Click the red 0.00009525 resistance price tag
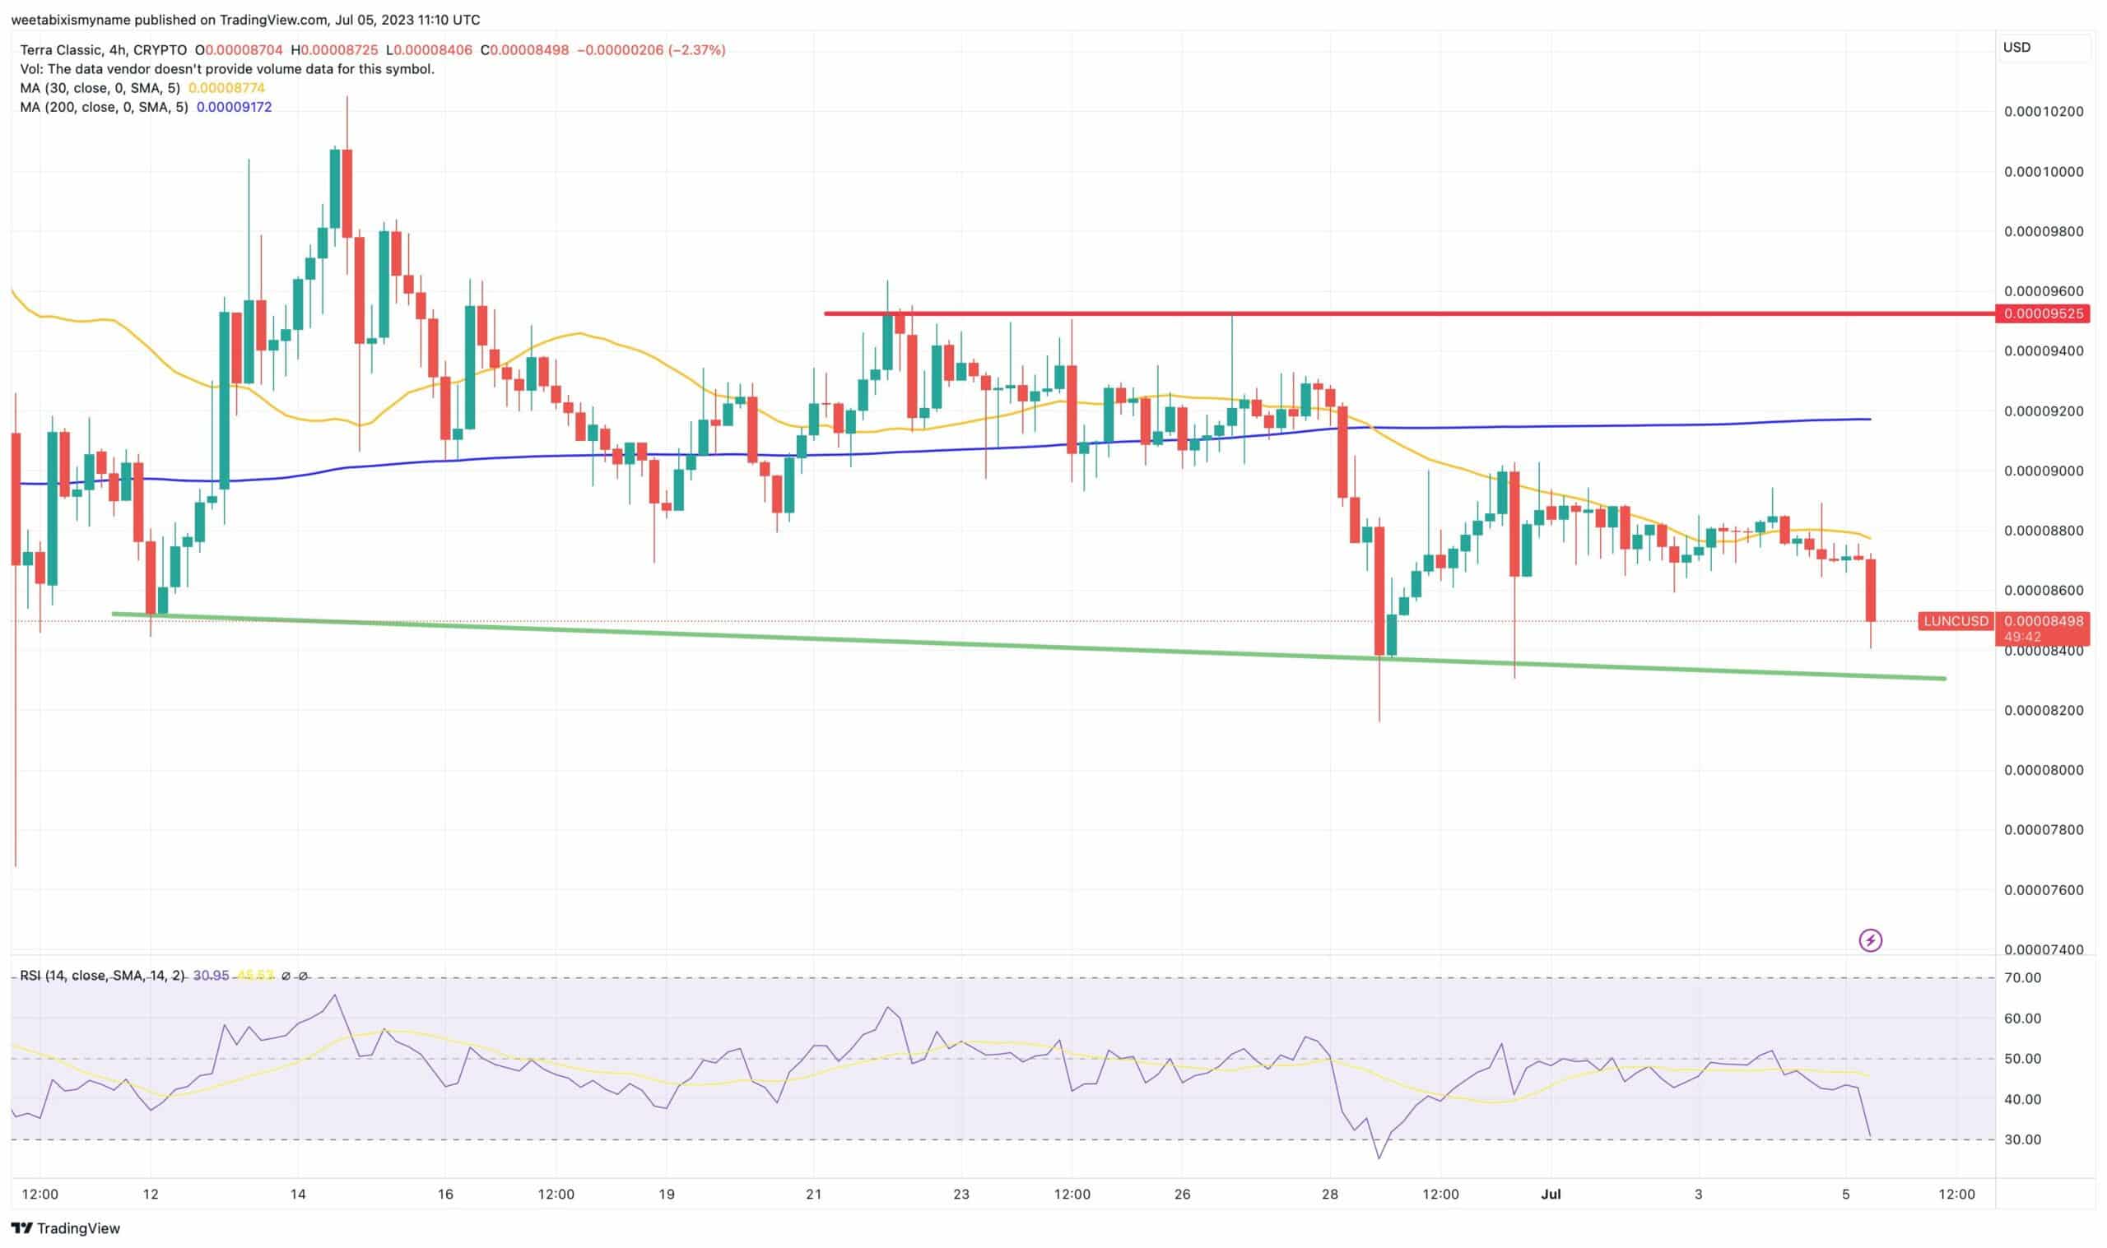pos(2043,313)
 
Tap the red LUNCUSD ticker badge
pos(1956,621)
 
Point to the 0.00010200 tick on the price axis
pos(2044,112)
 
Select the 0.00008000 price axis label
pos(2044,770)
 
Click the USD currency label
pos(2017,47)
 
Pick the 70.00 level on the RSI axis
pos(2023,977)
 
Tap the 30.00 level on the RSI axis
pos(2023,1139)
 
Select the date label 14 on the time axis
pos(298,1194)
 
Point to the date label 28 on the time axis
pos(1330,1194)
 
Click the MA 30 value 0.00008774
pos(226,87)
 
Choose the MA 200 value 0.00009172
pos(234,107)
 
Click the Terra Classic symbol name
pos(63,49)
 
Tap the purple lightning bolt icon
pos(1870,940)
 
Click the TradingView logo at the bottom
pos(66,1227)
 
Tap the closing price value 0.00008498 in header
pos(529,49)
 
